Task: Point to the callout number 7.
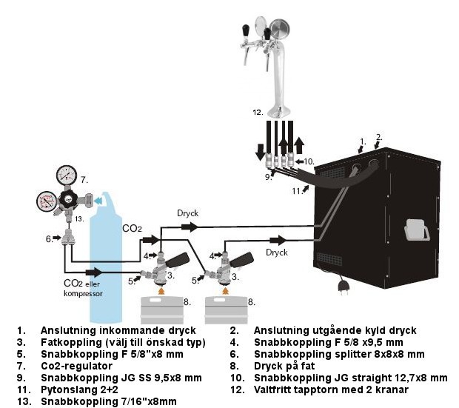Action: point(84,180)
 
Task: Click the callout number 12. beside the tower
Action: point(258,113)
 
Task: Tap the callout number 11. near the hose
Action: point(296,190)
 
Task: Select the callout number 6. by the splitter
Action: point(49,238)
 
